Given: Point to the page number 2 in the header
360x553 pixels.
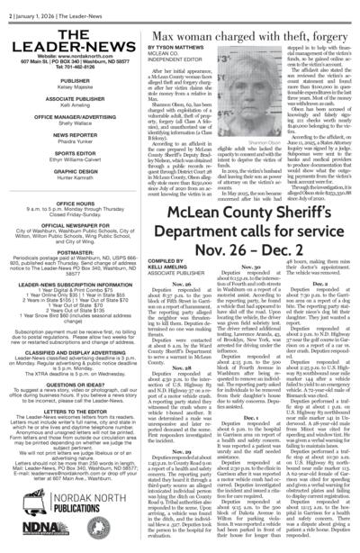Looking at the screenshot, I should tap(4, 4).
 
